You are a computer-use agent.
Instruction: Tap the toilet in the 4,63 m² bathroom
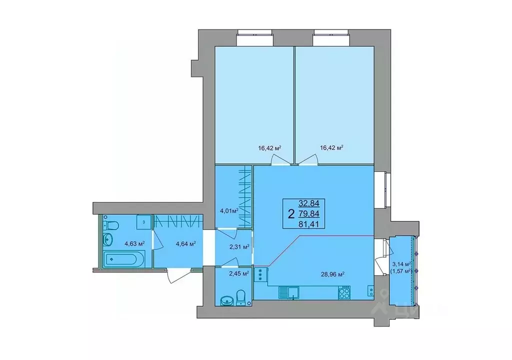point(111,227)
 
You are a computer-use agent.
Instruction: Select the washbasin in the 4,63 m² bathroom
point(108,241)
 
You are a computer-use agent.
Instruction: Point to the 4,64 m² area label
point(185,244)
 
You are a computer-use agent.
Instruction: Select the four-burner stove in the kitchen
point(344,292)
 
